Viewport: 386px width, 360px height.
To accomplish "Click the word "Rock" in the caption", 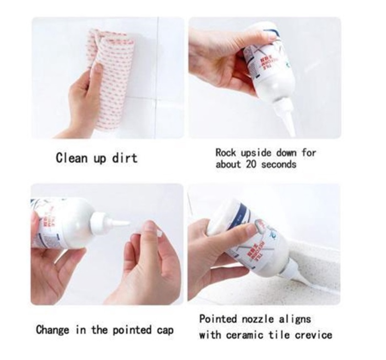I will coord(226,153).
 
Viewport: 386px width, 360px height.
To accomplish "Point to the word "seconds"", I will coord(279,164).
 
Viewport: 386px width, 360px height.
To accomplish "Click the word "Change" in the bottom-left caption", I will coord(53,330).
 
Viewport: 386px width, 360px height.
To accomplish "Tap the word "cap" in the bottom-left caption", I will coord(165,331).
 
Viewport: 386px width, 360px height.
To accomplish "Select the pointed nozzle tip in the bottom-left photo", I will coord(121,223).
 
